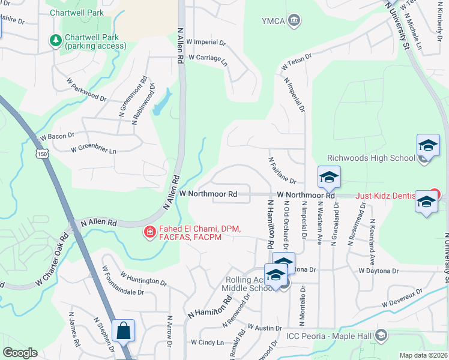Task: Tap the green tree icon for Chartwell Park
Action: click(56, 40)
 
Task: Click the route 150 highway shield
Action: click(42, 154)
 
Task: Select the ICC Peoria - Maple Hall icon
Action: click(381, 335)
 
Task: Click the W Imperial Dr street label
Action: click(206, 43)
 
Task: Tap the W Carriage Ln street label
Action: click(208, 58)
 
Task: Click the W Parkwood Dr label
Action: click(86, 89)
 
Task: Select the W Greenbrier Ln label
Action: click(93, 148)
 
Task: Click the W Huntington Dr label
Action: click(143, 278)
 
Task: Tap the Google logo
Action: click(20, 353)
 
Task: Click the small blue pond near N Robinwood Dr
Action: click(160, 104)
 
